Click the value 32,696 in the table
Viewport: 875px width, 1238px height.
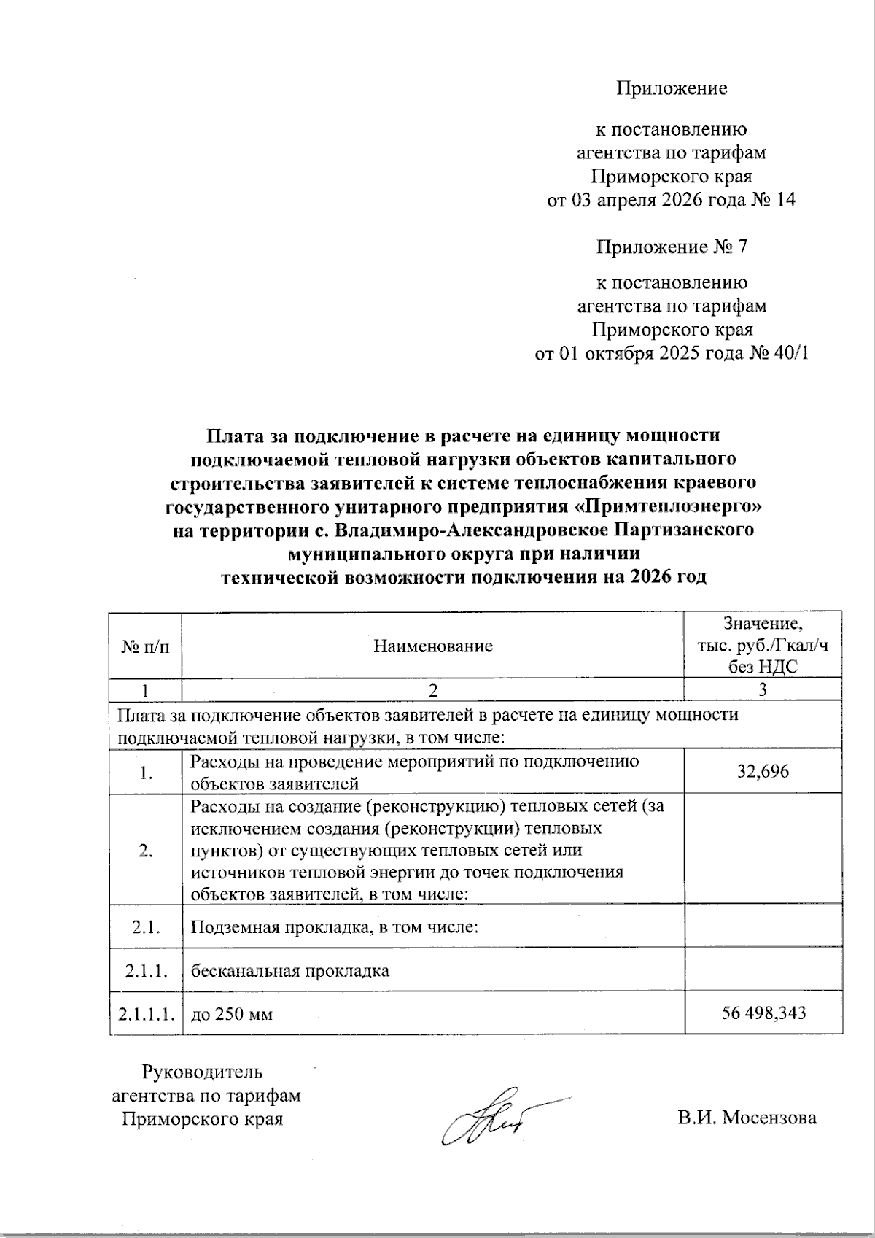pos(763,772)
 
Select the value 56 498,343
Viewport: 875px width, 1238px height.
pos(763,1013)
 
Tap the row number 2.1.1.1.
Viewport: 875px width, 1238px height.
pos(146,1013)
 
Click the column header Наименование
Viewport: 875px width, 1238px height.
pos(432,646)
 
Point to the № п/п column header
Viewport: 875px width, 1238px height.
pos(145,646)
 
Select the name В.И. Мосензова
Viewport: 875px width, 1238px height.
pos(747,1118)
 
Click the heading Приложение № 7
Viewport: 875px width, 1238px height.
pos(672,247)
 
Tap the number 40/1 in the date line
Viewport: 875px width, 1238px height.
pos(788,354)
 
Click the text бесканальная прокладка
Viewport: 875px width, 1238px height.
pos(289,971)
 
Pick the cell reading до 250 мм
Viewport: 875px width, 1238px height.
pos(231,1013)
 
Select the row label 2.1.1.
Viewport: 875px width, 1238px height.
pos(146,971)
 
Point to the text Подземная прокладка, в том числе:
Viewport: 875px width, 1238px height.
pos(334,927)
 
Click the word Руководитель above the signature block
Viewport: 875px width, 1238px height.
pos(202,1072)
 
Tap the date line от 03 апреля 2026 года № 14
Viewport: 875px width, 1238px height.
pos(671,200)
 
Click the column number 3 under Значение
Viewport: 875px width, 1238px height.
pos(763,689)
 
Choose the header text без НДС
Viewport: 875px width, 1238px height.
pos(763,666)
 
